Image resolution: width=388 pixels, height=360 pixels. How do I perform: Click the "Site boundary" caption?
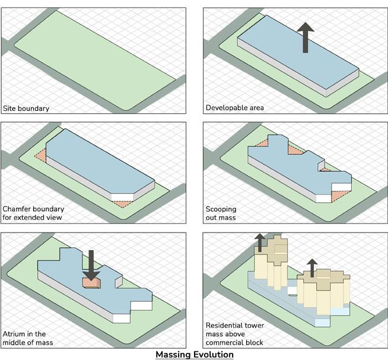(x=26, y=109)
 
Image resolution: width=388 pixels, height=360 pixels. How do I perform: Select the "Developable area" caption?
(x=234, y=108)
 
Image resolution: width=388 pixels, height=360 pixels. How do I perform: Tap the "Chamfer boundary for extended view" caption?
(x=34, y=214)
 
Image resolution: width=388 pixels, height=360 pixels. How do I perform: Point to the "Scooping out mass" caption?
(x=221, y=214)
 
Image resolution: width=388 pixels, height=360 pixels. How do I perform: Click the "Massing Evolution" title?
(x=194, y=355)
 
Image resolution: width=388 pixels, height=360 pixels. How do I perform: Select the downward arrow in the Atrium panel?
(x=91, y=263)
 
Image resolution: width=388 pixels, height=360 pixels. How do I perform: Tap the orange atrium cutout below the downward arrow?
(x=91, y=283)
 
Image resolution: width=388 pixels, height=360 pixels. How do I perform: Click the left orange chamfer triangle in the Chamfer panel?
(x=40, y=155)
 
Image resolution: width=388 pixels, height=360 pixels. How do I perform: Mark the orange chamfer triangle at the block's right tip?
(x=121, y=203)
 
